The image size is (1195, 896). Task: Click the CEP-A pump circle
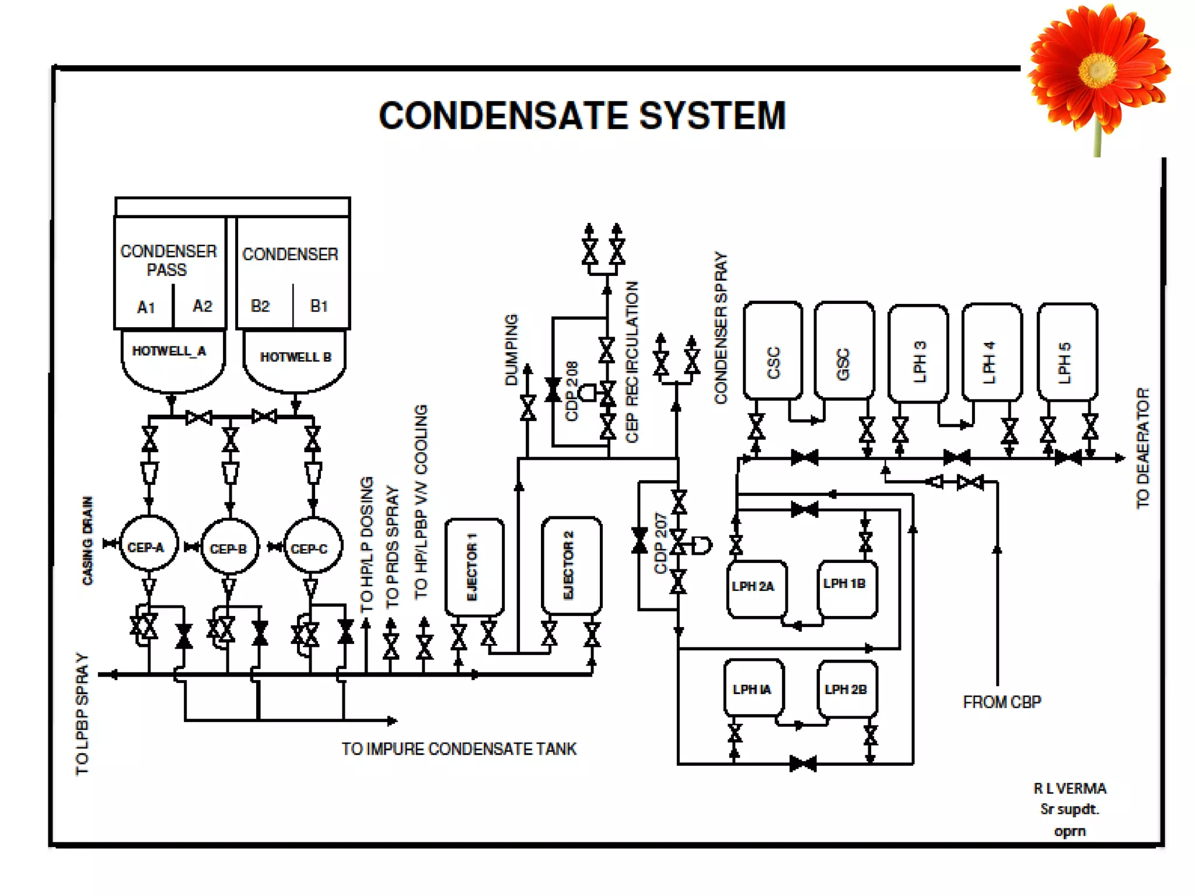pos(148,545)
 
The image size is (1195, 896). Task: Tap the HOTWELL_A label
pos(169,351)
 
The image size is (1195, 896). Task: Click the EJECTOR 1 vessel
pos(474,566)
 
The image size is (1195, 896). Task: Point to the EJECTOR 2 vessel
pos(571,565)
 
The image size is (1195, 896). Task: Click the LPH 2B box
pos(847,689)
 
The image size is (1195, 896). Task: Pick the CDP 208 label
pos(571,391)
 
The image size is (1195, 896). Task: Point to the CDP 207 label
pos(660,543)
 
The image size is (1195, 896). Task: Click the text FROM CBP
pos(1001,702)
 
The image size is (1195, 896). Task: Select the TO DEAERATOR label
pos(1142,448)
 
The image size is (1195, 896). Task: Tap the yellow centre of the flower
pos(1097,69)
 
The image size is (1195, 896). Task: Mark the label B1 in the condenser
pos(319,306)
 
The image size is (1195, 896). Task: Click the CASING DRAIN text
pos(88,540)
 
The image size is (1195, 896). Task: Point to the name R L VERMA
pos(1070,789)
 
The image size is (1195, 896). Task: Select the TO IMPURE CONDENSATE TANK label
pos(459,749)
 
